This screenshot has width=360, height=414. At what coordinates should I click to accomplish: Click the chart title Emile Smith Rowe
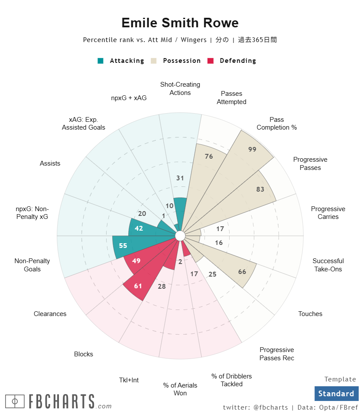(180, 23)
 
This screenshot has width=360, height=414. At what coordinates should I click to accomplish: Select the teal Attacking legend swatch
(101, 61)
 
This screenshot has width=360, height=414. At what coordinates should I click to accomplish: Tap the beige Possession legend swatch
(154, 61)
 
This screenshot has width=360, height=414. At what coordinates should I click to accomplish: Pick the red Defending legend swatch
(211, 61)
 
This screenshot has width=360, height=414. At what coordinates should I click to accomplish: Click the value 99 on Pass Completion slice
(252, 149)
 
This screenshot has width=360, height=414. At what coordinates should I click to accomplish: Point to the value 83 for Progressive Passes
(260, 189)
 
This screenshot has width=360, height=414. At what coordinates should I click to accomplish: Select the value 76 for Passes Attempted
(209, 156)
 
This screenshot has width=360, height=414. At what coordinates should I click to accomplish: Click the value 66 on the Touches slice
(242, 272)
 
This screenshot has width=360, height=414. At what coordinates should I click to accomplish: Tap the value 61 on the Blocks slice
(138, 286)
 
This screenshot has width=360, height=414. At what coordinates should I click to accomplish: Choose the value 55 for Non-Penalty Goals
(123, 245)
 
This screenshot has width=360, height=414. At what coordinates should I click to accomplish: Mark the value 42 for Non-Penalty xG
(139, 228)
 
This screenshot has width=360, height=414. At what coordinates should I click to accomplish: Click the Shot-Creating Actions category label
(180, 88)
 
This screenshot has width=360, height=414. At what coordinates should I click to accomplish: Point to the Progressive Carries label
(328, 213)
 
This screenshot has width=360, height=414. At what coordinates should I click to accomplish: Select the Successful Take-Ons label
(328, 265)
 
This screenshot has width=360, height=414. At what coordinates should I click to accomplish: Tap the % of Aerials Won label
(180, 389)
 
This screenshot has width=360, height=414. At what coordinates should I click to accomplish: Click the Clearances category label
(50, 314)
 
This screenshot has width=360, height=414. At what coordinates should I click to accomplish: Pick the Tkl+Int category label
(129, 380)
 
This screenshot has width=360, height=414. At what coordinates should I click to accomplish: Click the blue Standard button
(336, 394)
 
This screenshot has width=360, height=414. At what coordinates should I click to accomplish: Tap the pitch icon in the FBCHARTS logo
(15, 401)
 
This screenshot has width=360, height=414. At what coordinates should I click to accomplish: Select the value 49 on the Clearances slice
(136, 261)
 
